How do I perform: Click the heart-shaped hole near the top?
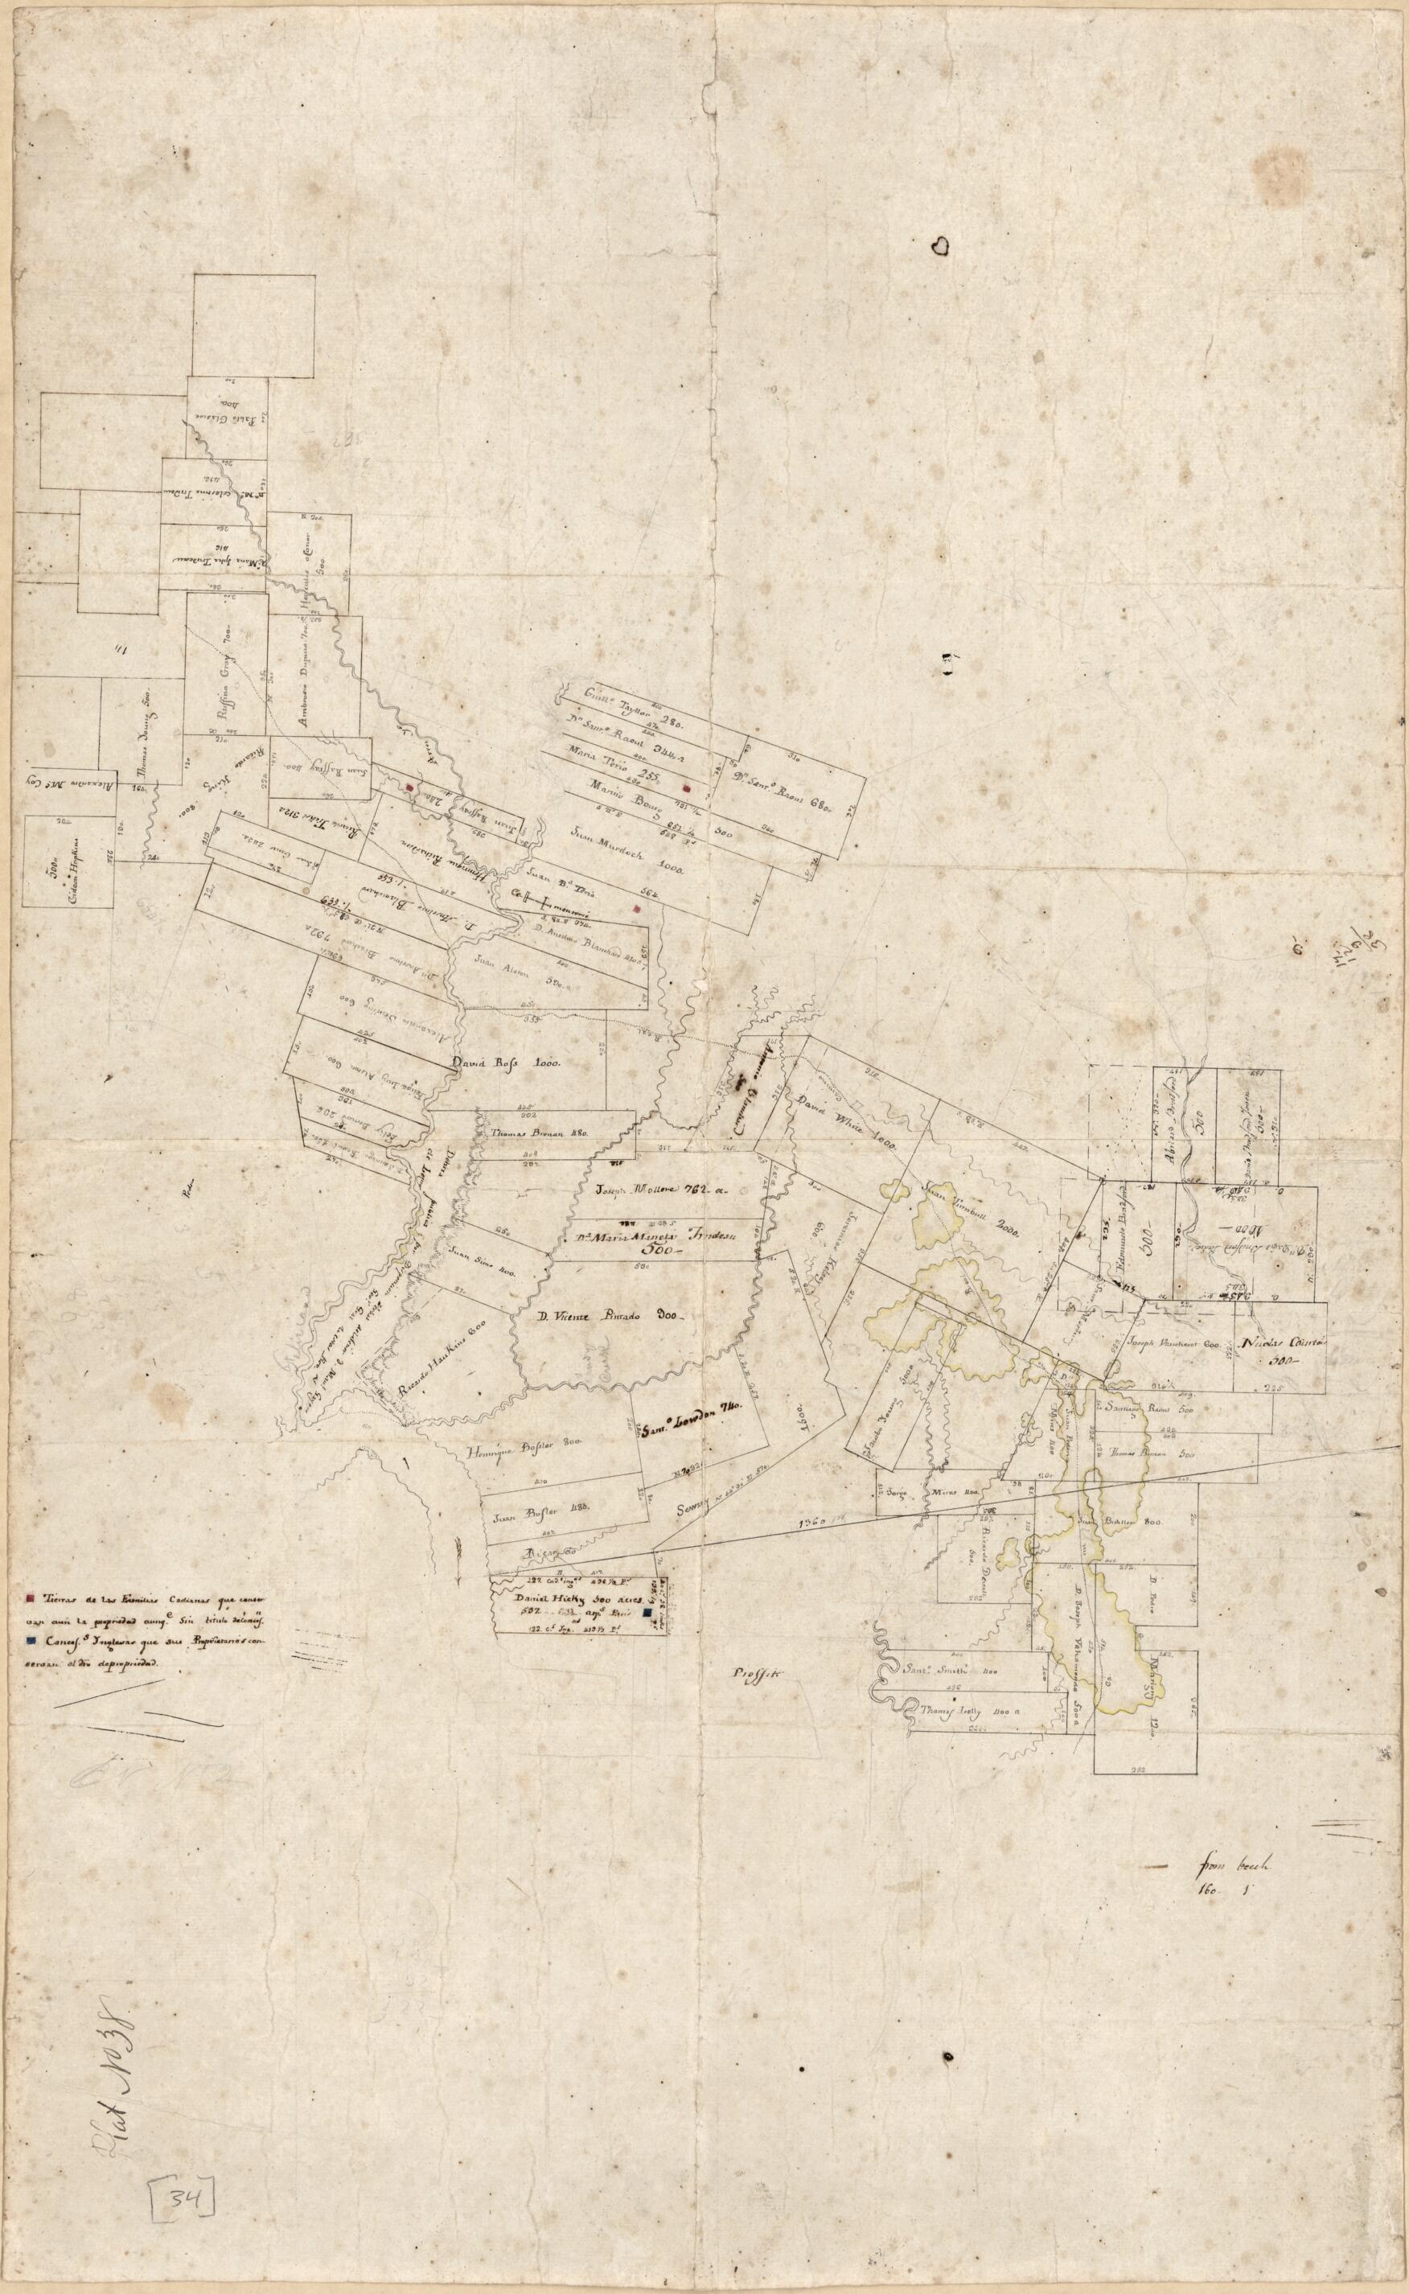[x=942, y=245]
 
